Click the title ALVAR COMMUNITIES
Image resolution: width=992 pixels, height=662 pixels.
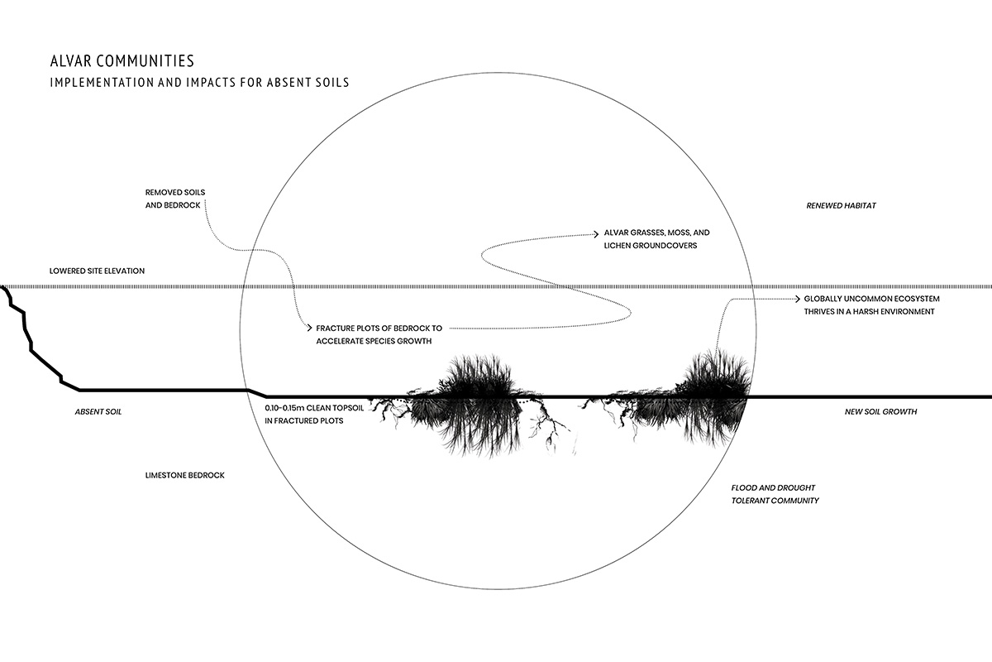[122, 60]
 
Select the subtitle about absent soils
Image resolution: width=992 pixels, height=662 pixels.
[199, 83]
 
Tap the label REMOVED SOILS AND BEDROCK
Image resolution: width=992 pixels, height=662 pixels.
[175, 199]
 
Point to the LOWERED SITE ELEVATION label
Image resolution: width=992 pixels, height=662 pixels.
[97, 271]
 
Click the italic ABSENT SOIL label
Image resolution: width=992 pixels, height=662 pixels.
[98, 412]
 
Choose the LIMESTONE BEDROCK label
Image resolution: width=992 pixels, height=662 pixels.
[184, 475]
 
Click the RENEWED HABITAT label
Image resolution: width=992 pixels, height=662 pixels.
[841, 206]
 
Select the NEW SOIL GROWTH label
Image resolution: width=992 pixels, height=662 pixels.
[880, 412]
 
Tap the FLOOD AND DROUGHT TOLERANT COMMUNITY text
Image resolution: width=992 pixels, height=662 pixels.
[775, 494]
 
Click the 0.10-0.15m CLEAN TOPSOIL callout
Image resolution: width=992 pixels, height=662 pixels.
[314, 414]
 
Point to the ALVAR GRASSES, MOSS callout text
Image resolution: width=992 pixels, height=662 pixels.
[656, 239]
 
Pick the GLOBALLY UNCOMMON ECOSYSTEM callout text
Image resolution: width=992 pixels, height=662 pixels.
[871, 305]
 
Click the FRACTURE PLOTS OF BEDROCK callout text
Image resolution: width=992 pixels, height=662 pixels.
[379, 335]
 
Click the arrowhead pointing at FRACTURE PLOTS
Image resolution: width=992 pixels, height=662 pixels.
[309, 329]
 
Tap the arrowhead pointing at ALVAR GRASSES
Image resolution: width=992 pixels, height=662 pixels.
[596, 233]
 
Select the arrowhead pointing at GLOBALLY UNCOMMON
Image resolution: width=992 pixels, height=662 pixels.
[797, 299]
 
